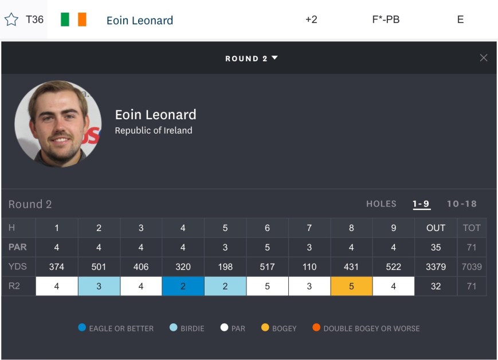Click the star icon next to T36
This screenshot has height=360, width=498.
[x=11, y=19]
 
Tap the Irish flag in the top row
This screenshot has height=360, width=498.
[x=73, y=19]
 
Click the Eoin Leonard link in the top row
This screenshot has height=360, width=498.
[x=139, y=20]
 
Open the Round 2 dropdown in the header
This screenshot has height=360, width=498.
[x=251, y=58]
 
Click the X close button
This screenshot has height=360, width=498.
[x=483, y=58]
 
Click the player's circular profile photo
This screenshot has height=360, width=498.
[x=58, y=123]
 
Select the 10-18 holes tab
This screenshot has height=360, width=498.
[x=461, y=204]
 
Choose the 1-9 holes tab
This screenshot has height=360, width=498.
[x=421, y=204]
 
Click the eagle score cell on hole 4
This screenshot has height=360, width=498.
[x=183, y=286]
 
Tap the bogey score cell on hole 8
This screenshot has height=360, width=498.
[x=351, y=286]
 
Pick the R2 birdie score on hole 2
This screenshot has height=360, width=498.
[x=99, y=286]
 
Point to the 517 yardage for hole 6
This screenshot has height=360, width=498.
[x=267, y=267]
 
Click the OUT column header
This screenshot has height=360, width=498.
[x=436, y=228]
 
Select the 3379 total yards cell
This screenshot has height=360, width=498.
[x=436, y=267]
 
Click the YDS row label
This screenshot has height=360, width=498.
[x=18, y=267]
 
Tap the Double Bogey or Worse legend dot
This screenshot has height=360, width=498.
[x=316, y=328]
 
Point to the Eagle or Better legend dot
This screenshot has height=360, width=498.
[x=81, y=328]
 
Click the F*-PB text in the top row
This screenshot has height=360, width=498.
[x=386, y=19]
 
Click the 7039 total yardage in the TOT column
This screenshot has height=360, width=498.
[x=472, y=267]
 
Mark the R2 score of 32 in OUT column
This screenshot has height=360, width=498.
[x=436, y=286]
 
